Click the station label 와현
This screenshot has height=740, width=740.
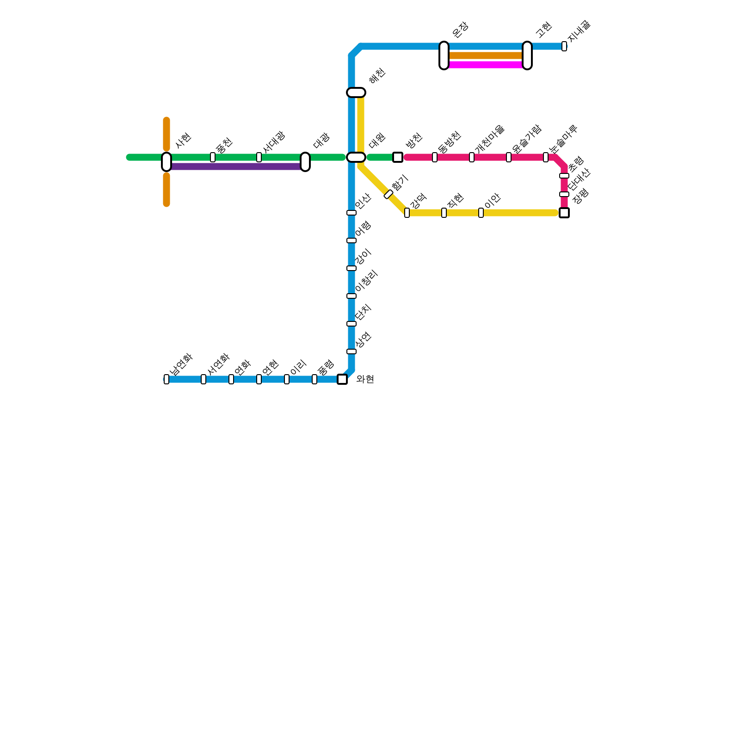point(365,379)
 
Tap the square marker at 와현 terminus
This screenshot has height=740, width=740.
point(342,379)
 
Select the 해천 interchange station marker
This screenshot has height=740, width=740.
point(356,92)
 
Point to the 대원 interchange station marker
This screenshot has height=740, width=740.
point(356,157)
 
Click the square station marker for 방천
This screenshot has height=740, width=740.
point(398,157)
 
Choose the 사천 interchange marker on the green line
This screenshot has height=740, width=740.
point(166,161)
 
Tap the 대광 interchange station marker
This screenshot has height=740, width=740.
point(305,161)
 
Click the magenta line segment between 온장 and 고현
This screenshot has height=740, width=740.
point(486,65)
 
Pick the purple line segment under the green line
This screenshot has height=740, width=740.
point(236,166)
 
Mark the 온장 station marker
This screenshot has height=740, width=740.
point(444,55)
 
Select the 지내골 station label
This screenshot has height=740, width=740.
point(579,31)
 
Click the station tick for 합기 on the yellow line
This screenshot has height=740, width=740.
point(388,194)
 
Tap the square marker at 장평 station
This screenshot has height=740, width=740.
point(564,213)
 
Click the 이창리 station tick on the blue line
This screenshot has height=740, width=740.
point(351,296)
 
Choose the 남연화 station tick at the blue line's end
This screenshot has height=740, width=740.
point(166,379)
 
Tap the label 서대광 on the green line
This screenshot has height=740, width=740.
point(274,142)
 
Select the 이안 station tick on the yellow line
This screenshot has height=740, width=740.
point(481,213)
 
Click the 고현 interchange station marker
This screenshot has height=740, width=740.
point(527,55)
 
